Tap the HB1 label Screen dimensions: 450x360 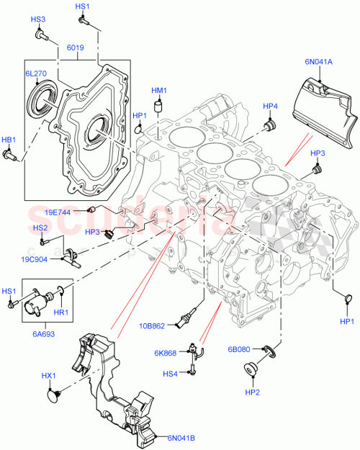9,140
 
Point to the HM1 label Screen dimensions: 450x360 159,91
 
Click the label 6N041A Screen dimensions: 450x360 318,63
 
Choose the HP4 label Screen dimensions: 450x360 270,107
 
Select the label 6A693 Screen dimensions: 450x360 42,334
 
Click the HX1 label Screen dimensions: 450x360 49,376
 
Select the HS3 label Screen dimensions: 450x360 38,19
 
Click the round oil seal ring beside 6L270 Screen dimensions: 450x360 40,97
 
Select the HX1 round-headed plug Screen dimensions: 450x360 53,392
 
